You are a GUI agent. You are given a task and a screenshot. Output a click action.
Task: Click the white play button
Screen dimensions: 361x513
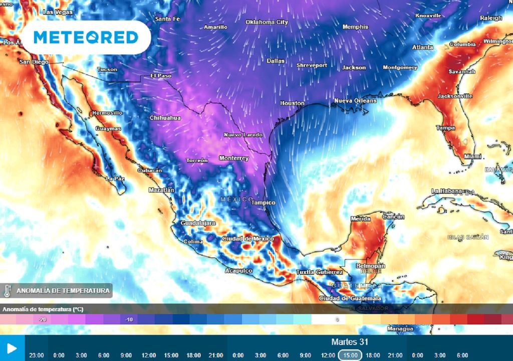pyautogui.click(x=12, y=348)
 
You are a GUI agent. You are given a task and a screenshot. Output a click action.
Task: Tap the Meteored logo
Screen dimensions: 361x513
pyautogui.click(x=86, y=37)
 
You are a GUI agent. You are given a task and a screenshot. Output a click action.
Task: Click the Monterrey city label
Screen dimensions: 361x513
pyautogui.click(x=233, y=158)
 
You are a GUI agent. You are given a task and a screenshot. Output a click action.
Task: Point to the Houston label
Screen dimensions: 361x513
pyautogui.click(x=292, y=103)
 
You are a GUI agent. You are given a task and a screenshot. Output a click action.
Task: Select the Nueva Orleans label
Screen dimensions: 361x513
pyautogui.click(x=355, y=101)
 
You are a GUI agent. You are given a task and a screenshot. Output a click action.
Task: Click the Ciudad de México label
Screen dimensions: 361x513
pyautogui.click(x=247, y=239)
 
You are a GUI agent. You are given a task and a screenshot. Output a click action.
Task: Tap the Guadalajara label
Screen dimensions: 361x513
pyautogui.click(x=198, y=223)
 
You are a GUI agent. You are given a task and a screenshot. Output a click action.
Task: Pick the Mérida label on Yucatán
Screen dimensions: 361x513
pyautogui.click(x=361, y=219)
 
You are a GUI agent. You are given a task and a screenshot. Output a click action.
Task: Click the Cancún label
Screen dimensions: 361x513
pyautogui.click(x=393, y=216)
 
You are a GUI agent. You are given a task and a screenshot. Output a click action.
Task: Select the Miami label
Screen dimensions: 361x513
pyautogui.click(x=472, y=156)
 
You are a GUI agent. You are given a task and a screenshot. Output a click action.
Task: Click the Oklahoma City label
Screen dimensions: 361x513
pyautogui.click(x=267, y=22)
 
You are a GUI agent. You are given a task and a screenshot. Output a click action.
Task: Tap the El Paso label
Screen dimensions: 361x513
pyautogui.click(x=161, y=76)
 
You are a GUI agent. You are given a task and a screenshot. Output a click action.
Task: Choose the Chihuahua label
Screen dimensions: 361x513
pyautogui.click(x=165, y=118)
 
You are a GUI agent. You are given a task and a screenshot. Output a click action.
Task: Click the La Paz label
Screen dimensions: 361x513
pyautogui.click(x=115, y=178)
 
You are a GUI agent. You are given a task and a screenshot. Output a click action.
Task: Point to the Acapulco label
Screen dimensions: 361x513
pyautogui.click(x=238, y=271)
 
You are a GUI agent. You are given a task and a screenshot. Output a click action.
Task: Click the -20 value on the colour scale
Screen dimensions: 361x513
pyautogui.click(x=43, y=319)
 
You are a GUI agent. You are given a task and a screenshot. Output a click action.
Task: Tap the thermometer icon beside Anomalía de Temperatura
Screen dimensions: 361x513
pyautogui.click(x=7, y=291)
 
